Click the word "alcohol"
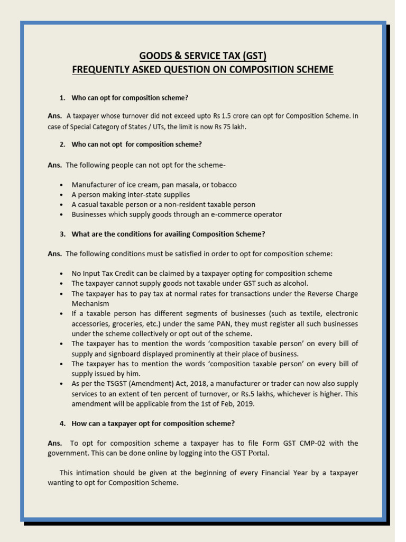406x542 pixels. pyautogui.click(x=294, y=283)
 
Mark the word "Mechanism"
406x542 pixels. pyautogui.click(x=90, y=303)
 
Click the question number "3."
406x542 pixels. pyautogui.click(x=62, y=234)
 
